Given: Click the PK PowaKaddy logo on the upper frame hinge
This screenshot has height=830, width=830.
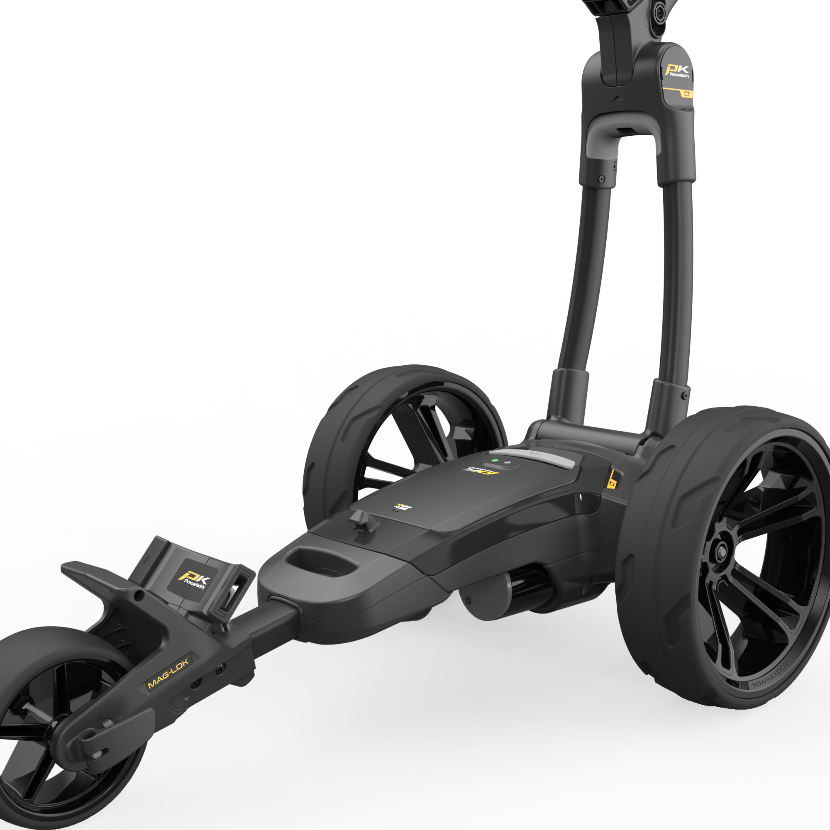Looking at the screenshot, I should pos(678,72).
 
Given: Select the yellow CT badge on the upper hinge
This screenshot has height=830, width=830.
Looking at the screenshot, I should pos(686,94).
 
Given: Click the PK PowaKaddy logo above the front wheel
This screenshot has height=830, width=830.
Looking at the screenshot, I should pos(194,581).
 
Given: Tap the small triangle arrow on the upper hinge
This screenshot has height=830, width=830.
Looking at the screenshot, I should pos(617,98).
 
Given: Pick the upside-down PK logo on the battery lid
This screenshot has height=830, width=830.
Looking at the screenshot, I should pos(482,471).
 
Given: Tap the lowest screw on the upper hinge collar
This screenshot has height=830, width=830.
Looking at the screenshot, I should pos(601,179).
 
